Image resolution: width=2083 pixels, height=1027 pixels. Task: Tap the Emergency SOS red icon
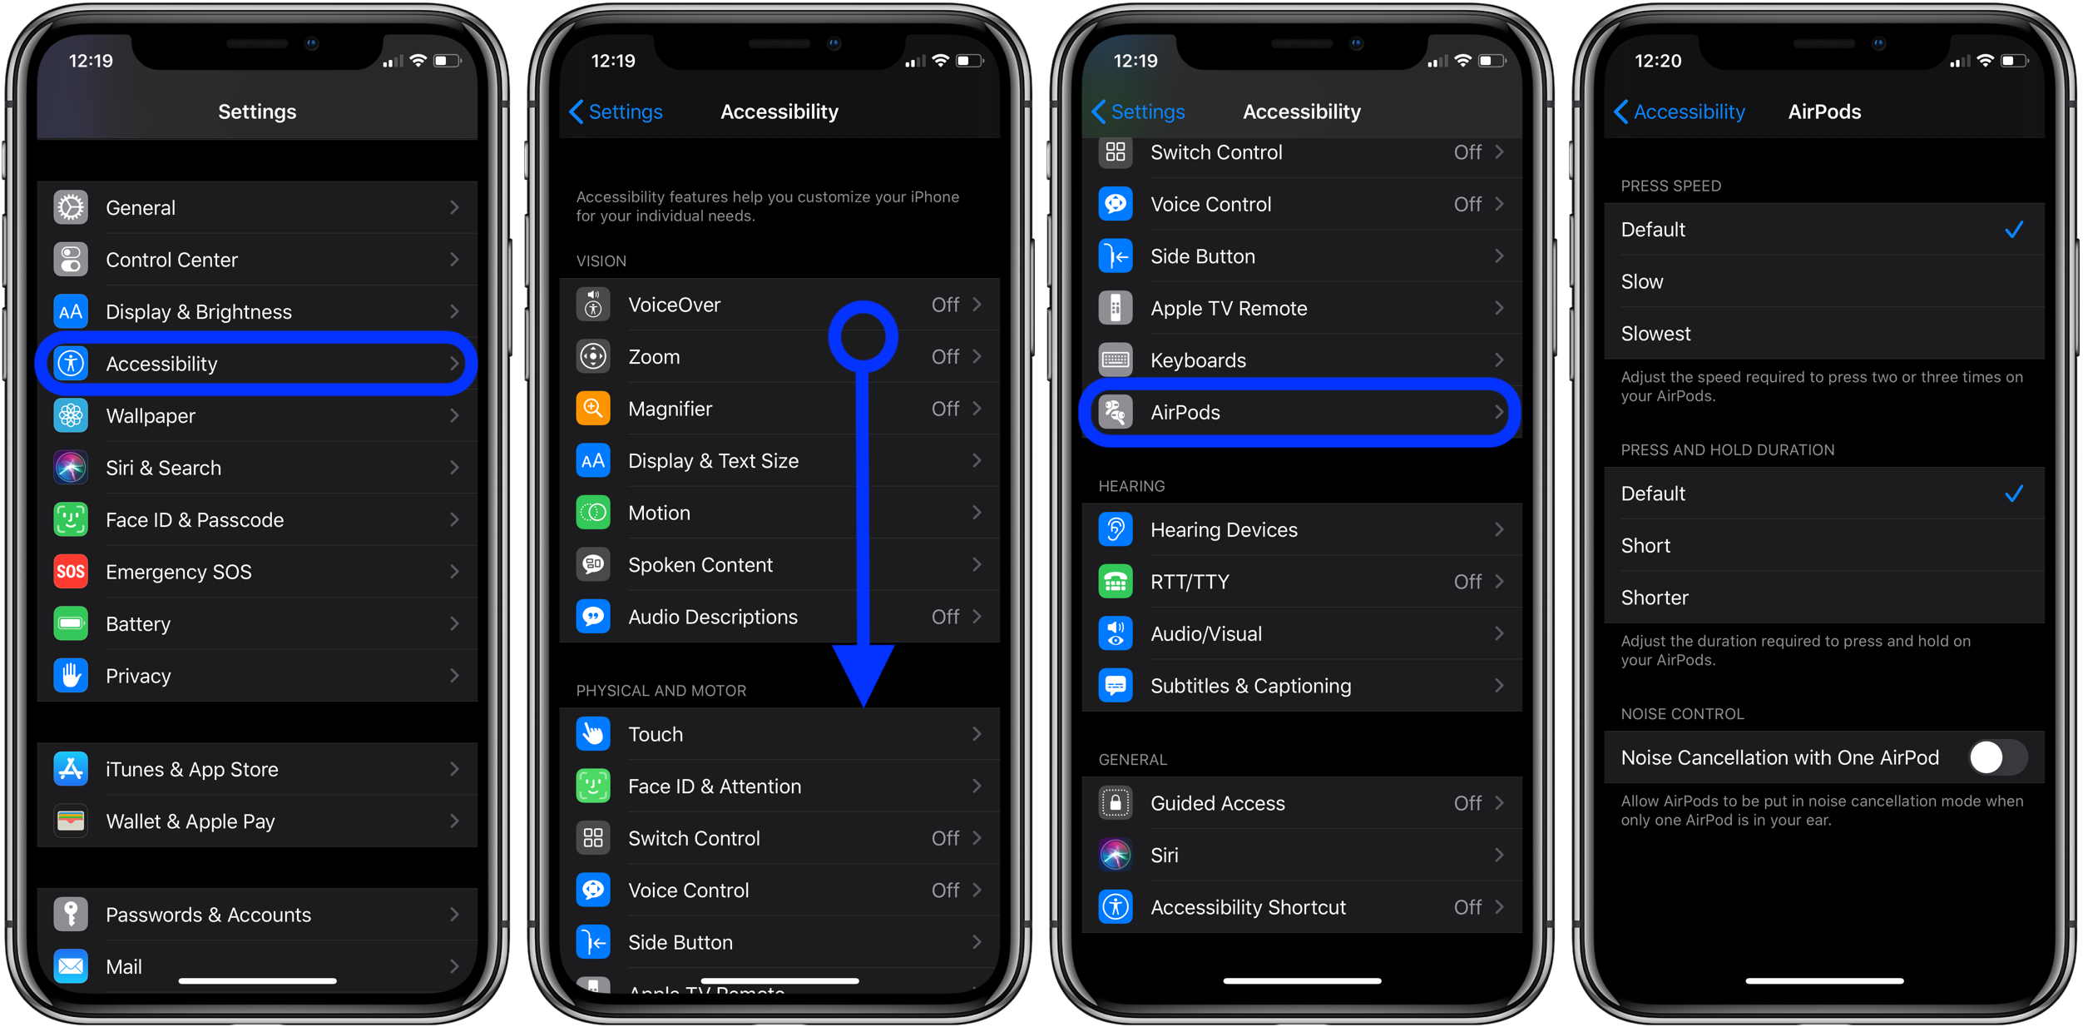[71, 572]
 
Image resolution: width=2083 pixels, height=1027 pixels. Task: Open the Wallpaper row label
[151, 416]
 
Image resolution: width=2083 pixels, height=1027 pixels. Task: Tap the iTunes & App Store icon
[71, 769]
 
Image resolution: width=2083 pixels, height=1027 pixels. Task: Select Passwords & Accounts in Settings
[208, 915]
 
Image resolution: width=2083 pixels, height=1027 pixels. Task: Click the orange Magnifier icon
[593, 409]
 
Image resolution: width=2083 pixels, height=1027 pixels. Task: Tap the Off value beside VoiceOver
[945, 305]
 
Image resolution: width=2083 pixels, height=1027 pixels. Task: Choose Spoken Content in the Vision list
[700, 565]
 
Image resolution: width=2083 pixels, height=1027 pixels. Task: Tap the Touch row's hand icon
[593, 734]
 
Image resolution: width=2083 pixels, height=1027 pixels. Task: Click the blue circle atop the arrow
[863, 337]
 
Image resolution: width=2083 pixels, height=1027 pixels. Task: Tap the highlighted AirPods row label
[1185, 413]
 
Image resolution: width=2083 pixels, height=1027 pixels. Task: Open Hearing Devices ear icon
[1116, 530]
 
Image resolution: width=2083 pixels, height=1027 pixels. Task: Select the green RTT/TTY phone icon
[1116, 582]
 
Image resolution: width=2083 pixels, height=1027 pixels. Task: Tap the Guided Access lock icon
[1116, 803]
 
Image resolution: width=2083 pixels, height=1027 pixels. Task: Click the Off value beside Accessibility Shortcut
[1467, 907]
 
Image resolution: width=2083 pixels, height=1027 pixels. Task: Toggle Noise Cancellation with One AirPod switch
[1997, 757]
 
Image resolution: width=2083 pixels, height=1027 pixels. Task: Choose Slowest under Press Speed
[1655, 334]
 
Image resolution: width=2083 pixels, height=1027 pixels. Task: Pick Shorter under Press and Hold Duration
[1655, 598]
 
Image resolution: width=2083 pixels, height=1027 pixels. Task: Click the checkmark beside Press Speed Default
[2013, 230]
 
